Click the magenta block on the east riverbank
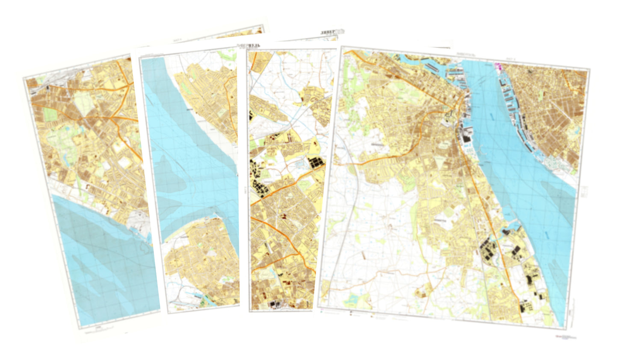pos(497,66)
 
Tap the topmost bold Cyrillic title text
pos(332,32)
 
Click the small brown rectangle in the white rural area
pos(364,255)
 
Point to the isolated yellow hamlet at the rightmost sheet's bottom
pos(420,292)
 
